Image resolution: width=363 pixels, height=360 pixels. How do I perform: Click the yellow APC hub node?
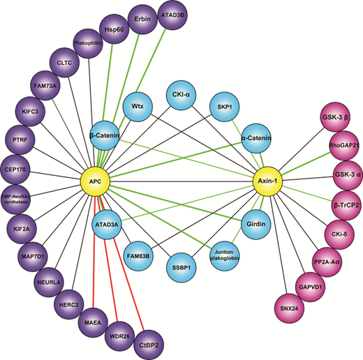point(95,181)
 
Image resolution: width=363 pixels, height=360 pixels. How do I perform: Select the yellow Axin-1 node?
point(267,181)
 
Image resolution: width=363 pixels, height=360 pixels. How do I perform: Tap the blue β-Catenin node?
point(105,135)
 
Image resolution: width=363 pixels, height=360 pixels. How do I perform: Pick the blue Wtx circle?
point(138,107)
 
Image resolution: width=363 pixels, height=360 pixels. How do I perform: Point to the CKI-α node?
point(181,95)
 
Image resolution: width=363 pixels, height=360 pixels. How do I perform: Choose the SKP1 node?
point(225,107)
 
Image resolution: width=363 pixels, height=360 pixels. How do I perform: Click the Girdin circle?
point(256,224)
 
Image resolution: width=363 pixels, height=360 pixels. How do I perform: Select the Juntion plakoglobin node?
point(225,256)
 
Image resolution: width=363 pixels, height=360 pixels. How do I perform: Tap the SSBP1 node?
point(181,268)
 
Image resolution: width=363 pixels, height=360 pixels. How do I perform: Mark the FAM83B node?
point(138,256)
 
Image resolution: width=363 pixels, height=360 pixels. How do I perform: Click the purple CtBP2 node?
point(149,345)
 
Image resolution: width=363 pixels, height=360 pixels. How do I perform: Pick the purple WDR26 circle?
point(119,336)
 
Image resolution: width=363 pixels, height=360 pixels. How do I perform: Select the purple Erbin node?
point(142,19)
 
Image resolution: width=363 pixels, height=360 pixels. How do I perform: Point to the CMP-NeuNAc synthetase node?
point(16,200)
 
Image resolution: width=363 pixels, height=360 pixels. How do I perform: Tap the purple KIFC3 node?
point(30,112)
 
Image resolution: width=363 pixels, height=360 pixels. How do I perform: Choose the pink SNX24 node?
point(289,308)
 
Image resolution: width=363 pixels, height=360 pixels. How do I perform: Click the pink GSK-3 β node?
point(335,117)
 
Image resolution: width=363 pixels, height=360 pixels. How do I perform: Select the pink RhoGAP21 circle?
point(344,146)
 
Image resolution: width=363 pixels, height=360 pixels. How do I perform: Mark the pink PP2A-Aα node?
point(327,262)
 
